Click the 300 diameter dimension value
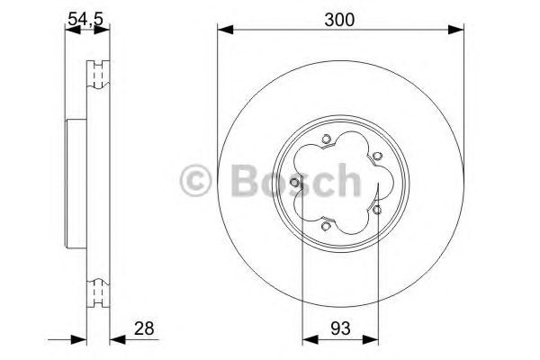pos(339,18)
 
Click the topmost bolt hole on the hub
pos(326,139)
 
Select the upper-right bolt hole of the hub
pos(374,154)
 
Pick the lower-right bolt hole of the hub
pos(377,210)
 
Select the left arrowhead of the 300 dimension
pos(222,31)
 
